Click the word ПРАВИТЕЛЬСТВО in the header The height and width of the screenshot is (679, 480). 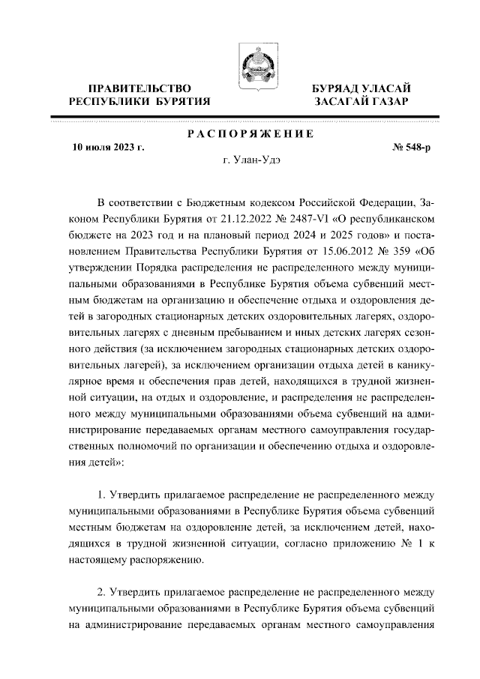click(x=140, y=88)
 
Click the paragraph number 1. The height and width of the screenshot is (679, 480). click(x=103, y=495)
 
